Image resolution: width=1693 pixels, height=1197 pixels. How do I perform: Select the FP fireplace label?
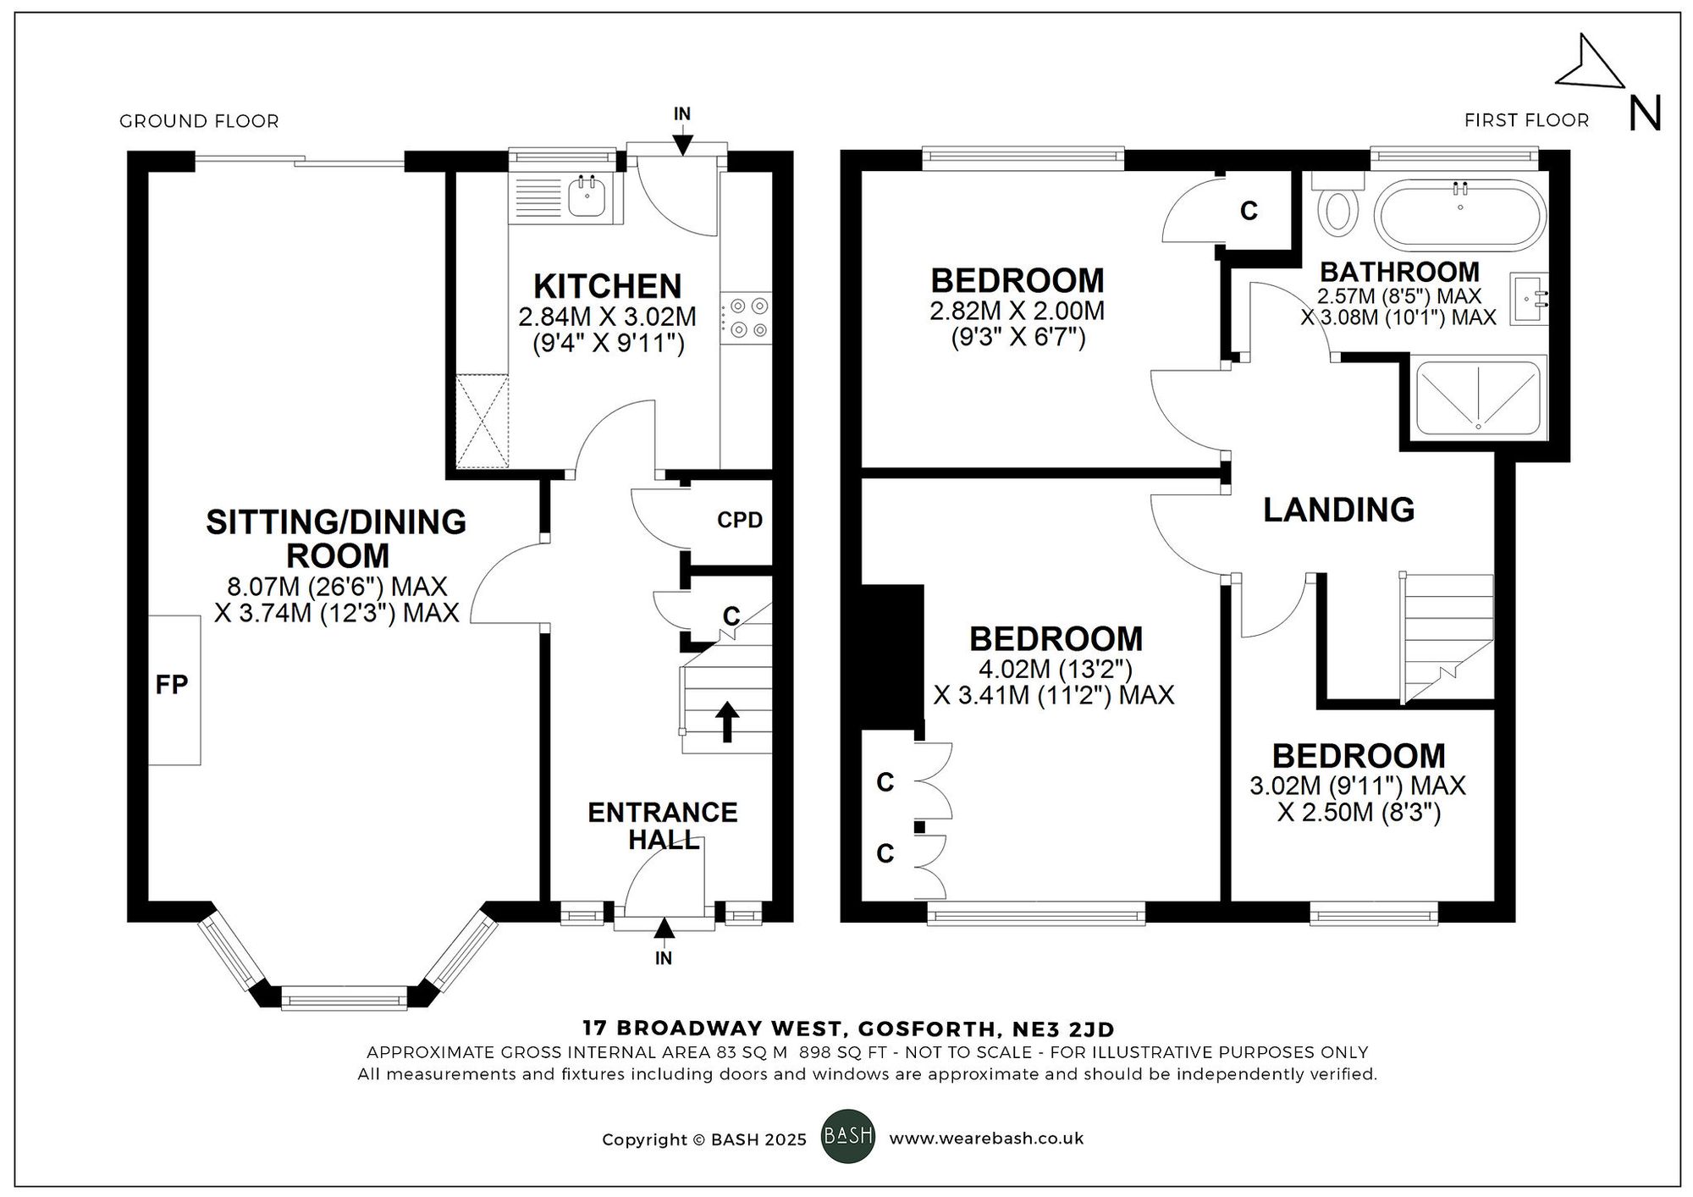[172, 685]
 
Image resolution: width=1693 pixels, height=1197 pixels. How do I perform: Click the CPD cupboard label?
[740, 521]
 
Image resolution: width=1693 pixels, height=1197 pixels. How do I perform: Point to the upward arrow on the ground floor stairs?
[727, 721]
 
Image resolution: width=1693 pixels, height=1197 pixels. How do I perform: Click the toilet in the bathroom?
[1338, 209]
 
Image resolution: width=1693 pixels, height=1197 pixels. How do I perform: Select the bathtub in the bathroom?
[1459, 215]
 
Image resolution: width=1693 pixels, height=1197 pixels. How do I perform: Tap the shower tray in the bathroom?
[1478, 397]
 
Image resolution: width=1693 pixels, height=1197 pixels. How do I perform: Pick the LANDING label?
[1338, 510]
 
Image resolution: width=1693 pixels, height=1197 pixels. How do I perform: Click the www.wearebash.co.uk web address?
[985, 1139]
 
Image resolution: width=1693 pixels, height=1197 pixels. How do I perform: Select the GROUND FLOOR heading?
[199, 121]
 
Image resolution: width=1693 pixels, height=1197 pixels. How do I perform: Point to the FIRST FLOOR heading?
[1526, 120]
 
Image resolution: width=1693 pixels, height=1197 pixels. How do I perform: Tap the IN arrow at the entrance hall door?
[665, 929]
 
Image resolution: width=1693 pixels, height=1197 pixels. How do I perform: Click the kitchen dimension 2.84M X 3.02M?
[607, 317]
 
